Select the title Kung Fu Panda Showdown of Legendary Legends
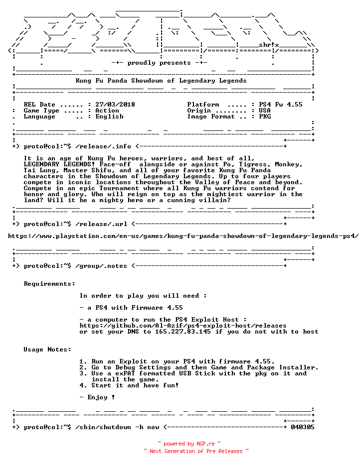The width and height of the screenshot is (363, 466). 161,81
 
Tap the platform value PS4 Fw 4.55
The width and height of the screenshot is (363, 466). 280,105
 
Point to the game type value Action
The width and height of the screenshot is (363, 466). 107,111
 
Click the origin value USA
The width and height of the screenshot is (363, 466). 264,111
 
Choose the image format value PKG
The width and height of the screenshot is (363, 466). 264,116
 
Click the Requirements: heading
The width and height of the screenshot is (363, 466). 49,284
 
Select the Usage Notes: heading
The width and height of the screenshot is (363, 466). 47,349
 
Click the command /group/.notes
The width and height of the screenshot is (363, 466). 101,266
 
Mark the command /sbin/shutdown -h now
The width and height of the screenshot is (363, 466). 117,427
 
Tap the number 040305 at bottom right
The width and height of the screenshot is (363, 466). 302,427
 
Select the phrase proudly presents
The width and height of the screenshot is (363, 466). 159,63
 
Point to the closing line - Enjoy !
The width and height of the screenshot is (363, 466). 97,397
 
